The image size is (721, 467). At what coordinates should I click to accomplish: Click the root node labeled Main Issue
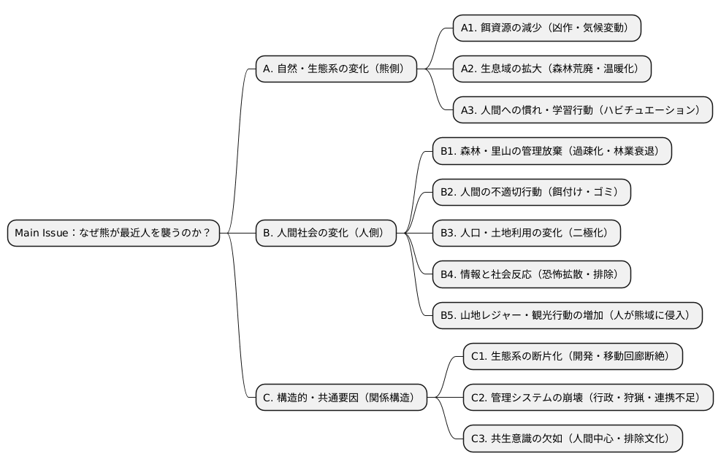pyautogui.click(x=113, y=233)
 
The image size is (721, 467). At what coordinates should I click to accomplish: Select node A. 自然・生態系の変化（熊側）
pyautogui.click(x=340, y=69)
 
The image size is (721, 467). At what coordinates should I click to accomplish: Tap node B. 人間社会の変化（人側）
pyautogui.click(x=329, y=233)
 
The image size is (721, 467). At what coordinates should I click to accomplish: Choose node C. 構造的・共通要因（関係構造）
pyautogui.click(x=341, y=398)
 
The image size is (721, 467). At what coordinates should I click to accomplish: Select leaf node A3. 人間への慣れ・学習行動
pyautogui.click(x=582, y=110)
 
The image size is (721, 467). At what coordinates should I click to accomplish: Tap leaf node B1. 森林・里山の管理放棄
pyautogui.click(x=552, y=151)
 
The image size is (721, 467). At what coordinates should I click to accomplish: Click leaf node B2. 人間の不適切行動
pyautogui.click(x=531, y=193)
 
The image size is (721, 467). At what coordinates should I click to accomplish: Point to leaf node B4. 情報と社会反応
pyautogui.click(x=531, y=274)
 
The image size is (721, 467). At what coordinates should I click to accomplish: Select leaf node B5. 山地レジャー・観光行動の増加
pyautogui.click(x=567, y=315)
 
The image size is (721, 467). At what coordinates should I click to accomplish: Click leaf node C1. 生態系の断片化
pyautogui.click(x=573, y=356)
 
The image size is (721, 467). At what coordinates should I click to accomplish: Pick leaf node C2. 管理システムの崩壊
pyautogui.click(x=587, y=398)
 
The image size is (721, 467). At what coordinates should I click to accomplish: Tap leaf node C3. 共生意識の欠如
pyautogui.click(x=573, y=439)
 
